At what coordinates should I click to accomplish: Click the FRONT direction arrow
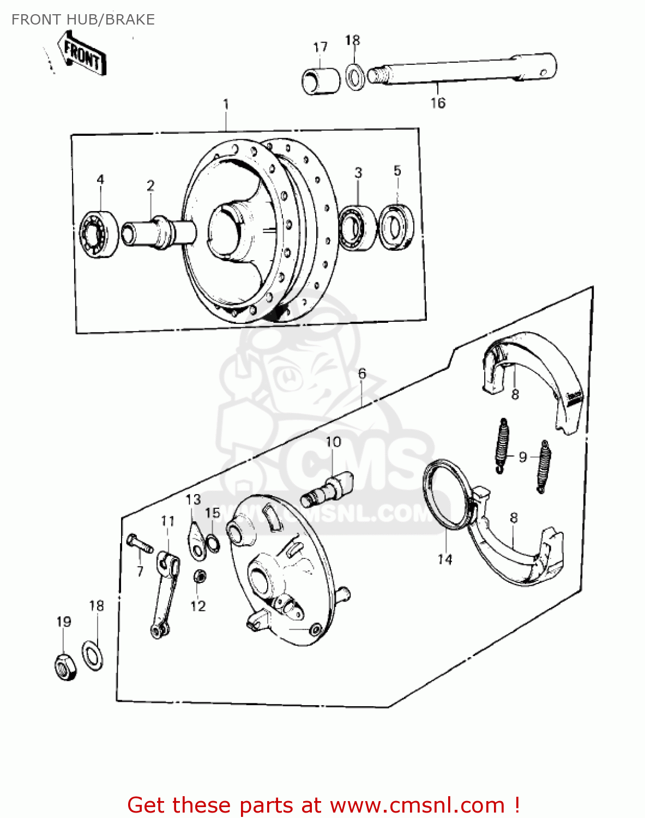point(83,54)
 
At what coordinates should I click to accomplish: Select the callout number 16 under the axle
point(438,103)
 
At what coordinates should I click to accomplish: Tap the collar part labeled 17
point(321,80)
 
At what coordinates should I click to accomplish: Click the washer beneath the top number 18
point(355,77)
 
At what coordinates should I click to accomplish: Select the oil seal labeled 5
point(396,227)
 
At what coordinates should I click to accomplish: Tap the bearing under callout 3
point(358,227)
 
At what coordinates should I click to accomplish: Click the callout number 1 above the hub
point(226,104)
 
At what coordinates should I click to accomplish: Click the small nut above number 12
point(200,576)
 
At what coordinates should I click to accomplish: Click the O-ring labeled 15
point(213,543)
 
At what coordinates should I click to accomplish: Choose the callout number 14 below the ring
point(445,559)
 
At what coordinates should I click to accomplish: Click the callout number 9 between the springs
point(522,457)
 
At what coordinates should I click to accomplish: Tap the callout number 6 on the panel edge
point(362,374)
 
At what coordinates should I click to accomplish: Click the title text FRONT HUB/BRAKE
point(83,20)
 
